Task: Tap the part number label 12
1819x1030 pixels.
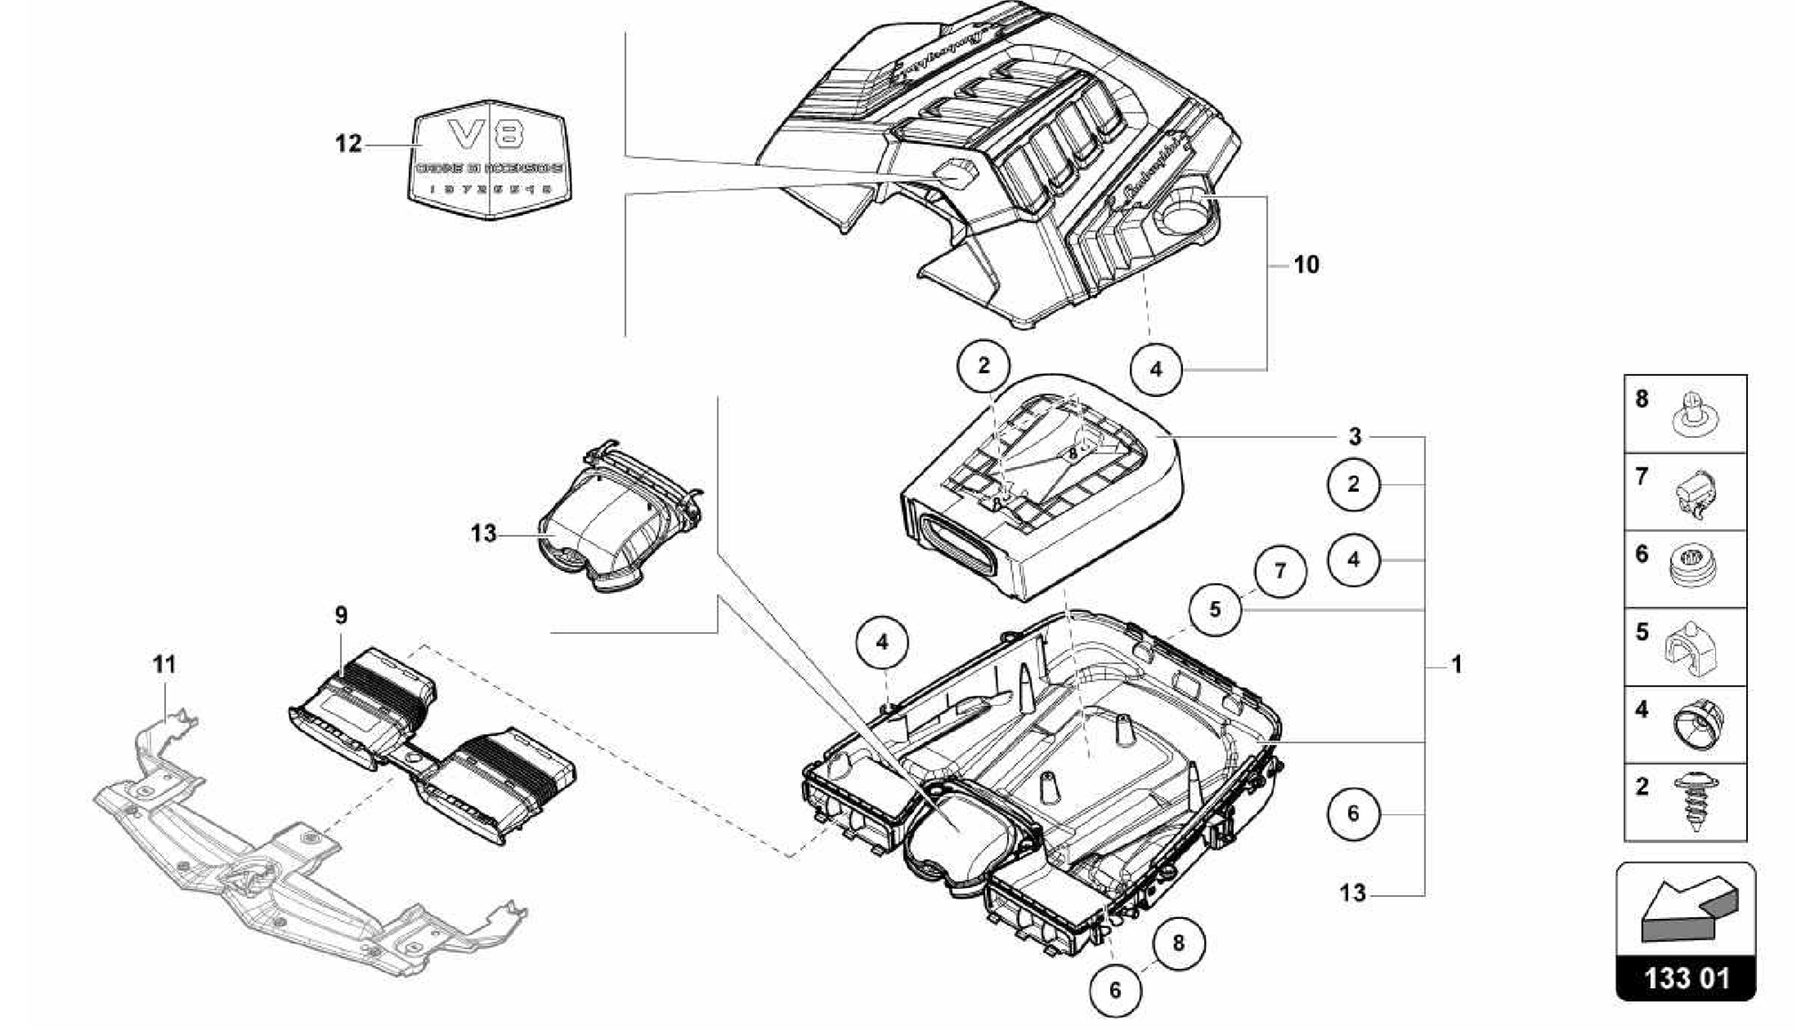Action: coord(348,144)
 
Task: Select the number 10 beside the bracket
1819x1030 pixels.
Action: coord(1306,265)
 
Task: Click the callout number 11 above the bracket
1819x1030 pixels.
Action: coord(164,665)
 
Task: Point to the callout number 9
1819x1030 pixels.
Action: coord(341,615)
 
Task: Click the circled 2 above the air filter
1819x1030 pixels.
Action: coord(983,366)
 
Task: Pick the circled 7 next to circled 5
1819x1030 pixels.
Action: coord(1280,571)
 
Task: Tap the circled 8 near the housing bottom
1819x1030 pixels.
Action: coord(1179,943)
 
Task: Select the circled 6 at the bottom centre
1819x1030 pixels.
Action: coord(1116,990)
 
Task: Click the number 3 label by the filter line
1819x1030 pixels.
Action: coord(1354,437)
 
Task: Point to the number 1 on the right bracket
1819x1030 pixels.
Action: coord(1457,664)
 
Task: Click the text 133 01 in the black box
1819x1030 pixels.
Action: coord(1686,979)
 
